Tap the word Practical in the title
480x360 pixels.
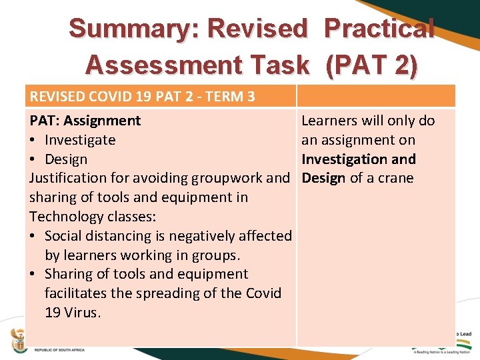[x=379, y=29]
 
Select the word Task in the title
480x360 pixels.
[x=283, y=65]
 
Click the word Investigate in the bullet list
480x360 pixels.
[x=80, y=140]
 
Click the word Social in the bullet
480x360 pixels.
[x=65, y=236]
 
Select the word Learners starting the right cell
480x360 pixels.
[x=329, y=121]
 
